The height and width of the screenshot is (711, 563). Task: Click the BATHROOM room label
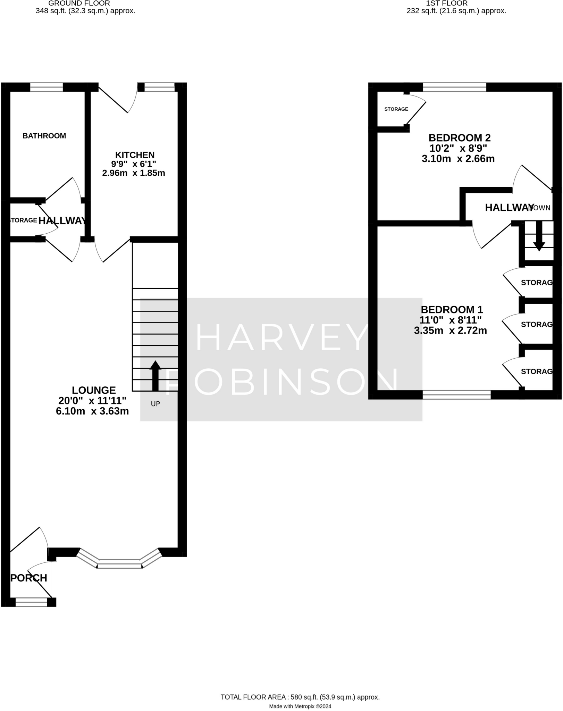coord(44,136)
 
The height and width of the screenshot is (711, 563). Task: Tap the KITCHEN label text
coord(135,155)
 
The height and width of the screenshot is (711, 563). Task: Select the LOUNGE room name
coord(94,390)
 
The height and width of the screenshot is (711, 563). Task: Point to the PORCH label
coord(29,578)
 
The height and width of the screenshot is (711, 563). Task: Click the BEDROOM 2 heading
coord(459,138)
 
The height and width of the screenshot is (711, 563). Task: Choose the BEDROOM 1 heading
coord(452,309)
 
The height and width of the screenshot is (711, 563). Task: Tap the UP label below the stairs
coord(155,404)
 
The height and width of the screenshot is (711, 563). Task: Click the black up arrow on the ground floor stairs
coord(155,376)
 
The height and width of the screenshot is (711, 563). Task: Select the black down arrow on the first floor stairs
coord(539,236)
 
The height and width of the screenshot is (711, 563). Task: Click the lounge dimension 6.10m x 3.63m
coord(92,411)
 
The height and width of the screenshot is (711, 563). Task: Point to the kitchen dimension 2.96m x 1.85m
coord(134,173)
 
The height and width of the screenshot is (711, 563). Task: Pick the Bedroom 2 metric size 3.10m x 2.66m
coord(458,159)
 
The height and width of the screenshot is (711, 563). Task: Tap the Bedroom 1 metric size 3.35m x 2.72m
coord(450,331)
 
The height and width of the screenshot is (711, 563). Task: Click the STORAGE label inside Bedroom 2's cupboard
coord(396,109)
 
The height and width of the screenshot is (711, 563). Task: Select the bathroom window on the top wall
coord(47,87)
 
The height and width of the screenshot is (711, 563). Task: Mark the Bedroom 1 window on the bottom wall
coord(456,395)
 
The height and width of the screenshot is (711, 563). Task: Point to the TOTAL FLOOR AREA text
coord(300,697)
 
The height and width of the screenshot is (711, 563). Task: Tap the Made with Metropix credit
coord(300,706)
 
